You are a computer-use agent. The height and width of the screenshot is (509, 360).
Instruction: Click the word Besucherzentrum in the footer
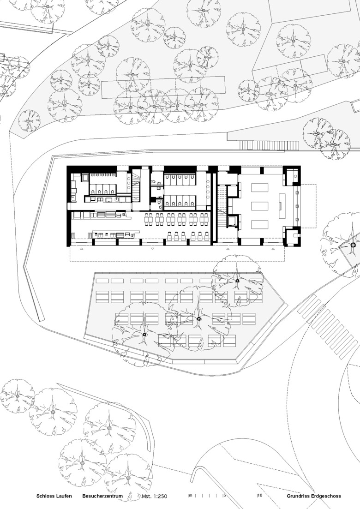pos(102,496)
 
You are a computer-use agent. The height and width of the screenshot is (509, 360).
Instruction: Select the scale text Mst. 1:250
pos(155,496)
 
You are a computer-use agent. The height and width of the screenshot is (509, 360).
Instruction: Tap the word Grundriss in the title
pos(298,496)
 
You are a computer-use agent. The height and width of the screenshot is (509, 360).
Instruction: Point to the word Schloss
pos(45,496)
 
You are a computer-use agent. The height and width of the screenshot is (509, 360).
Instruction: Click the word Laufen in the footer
pos(64,496)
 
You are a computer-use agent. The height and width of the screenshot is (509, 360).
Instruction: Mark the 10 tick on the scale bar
pos(260,496)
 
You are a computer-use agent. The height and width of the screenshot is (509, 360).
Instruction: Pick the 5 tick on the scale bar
pos(224,496)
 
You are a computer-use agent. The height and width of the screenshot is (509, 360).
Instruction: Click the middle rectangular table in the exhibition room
pos(260,206)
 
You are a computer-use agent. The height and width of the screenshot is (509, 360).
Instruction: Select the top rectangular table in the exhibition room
pos(260,188)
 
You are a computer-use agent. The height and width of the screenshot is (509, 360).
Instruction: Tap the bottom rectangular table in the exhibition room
pos(260,225)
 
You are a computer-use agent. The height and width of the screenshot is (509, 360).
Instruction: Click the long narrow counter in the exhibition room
pos(281,206)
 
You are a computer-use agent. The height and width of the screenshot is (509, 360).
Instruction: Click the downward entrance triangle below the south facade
pos(153,249)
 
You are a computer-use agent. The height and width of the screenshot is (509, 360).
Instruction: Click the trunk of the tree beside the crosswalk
pos(353,245)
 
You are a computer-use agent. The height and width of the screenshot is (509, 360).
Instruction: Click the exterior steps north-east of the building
pos(269,145)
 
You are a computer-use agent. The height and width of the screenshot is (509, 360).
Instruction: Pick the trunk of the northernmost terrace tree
pos(237,281)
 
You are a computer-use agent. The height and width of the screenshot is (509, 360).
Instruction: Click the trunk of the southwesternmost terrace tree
pos(144,335)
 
